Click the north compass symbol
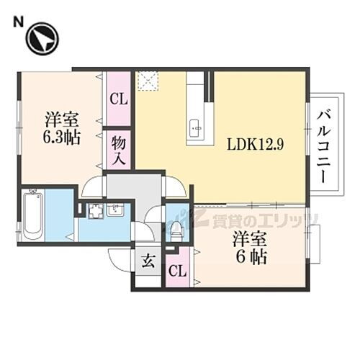(42, 40)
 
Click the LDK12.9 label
(256, 143)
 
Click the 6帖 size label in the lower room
(250, 256)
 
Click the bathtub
(32, 214)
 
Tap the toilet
(176, 228)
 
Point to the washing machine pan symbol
(96, 212)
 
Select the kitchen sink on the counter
(195, 130)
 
